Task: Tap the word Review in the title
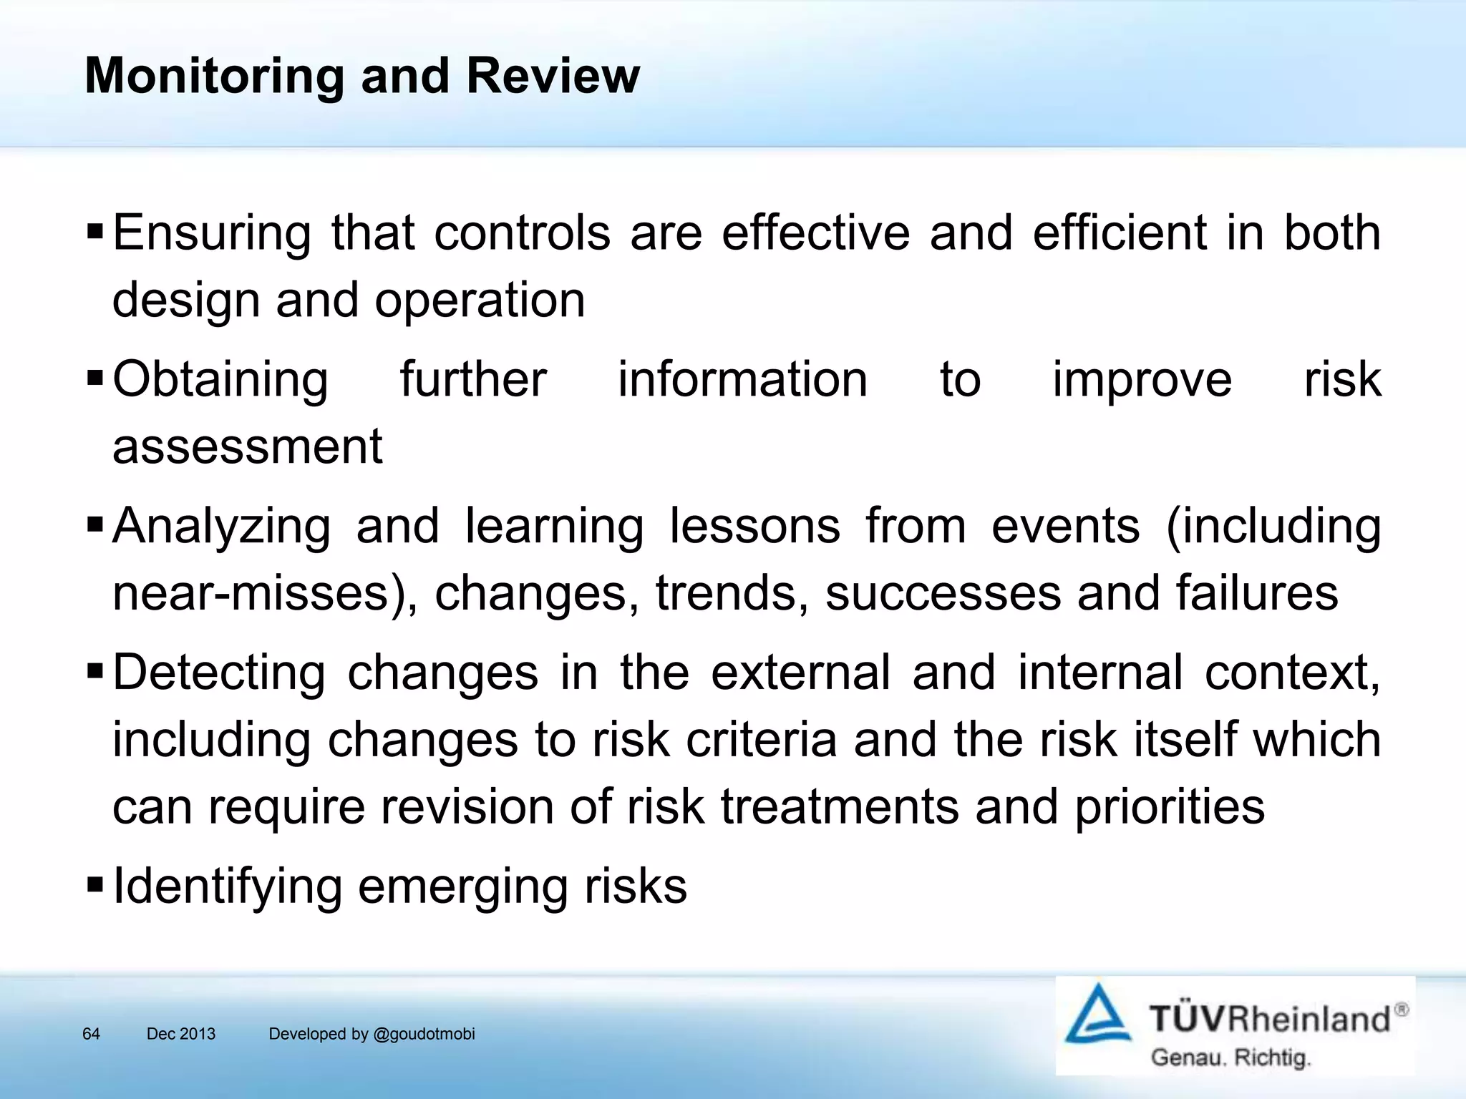[553, 75]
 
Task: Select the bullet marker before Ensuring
[94, 232]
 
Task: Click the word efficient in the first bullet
[1119, 233]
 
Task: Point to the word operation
[480, 301]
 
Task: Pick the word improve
[1142, 379]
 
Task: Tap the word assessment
[248, 446]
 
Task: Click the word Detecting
[219, 673]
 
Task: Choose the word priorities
[1170, 807]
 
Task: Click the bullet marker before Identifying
[94, 884]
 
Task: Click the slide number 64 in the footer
[91, 1034]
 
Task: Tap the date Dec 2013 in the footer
[180, 1034]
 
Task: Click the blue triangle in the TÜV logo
[1097, 1015]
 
